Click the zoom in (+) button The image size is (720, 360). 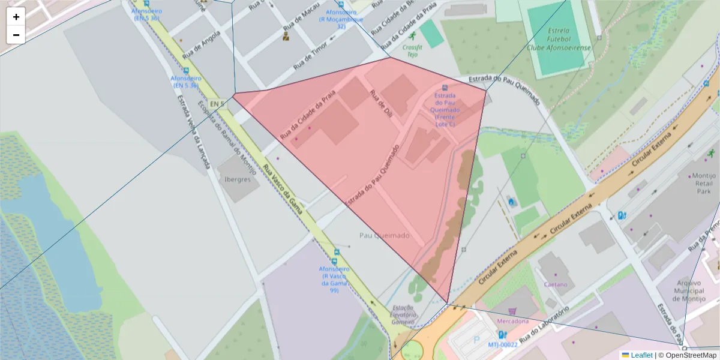pos(16,17)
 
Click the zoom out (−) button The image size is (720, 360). pos(16,35)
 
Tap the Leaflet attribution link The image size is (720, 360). pos(641,355)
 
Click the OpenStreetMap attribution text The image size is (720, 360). pos(691,355)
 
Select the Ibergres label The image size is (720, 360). pos(238,179)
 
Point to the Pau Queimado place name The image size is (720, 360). pos(385,236)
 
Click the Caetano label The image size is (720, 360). pos(555,284)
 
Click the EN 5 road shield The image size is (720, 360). pos(217,104)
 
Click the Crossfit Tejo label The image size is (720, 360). pos(412,50)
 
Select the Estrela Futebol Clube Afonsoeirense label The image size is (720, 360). pos(559,39)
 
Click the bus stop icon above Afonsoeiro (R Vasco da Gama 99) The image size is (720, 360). pos(334,262)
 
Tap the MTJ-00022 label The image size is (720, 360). pos(502,345)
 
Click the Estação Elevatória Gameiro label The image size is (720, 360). pos(403,314)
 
